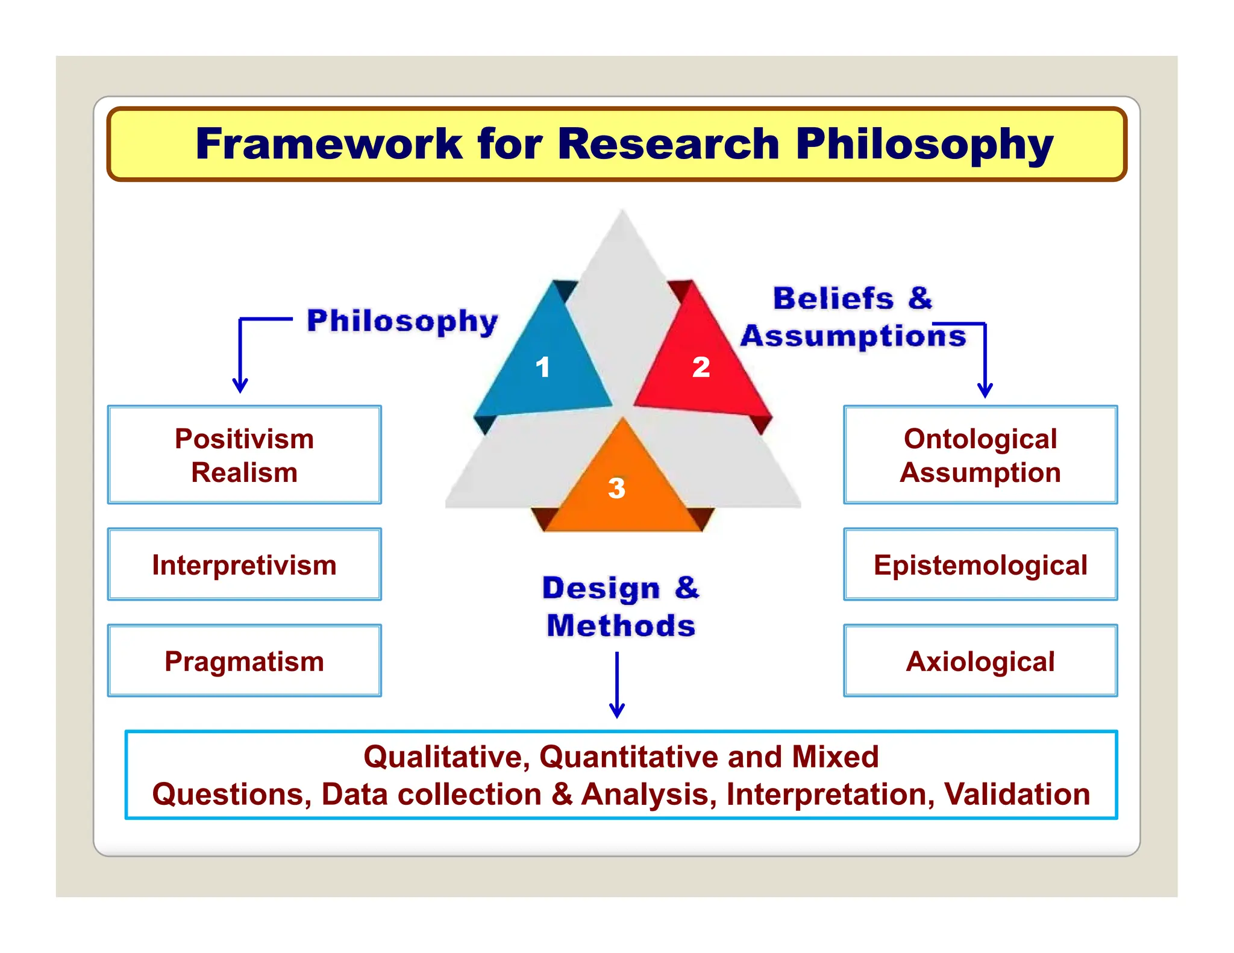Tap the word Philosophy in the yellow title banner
[x=924, y=145]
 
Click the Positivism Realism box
[x=245, y=455]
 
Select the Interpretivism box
[x=245, y=564]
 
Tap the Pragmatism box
[x=245, y=661]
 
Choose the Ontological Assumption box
[x=980, y=455]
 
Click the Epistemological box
[x=980, y=564]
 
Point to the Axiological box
[x=980, y=661]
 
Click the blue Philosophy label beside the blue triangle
[x=402, y=320]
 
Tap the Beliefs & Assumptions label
[x=853, y=317]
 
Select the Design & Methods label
[x=621, y=607]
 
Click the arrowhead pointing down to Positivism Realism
[x=240, y=386]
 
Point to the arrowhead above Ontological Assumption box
[x=985, y=390]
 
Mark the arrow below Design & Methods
[x=617, y=687]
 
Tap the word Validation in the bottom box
[x=1017, y=794]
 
